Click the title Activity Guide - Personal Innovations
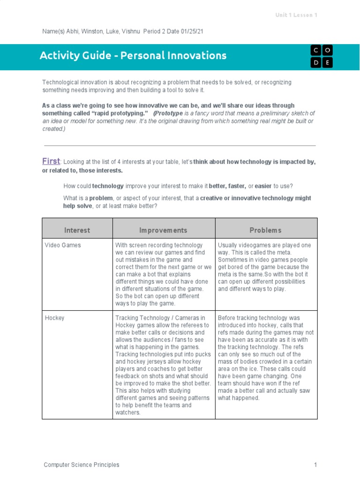(x=133, y=56)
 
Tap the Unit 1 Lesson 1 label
(x=296, y=15)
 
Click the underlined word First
(x=51, y=161)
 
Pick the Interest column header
(x=77, y=230)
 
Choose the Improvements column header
(x=163, y=230)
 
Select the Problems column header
(x=265, y=230)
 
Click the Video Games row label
(x=62, y=245)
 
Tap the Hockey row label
(x=54, y=318)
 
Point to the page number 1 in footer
(x=316, y=465)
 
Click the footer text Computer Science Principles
(x=82, y=465)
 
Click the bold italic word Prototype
(x=169, y=113)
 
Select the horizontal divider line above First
(x=180, y=146)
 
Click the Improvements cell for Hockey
(x=163, y=366)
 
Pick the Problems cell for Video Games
(x=266, y=267)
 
